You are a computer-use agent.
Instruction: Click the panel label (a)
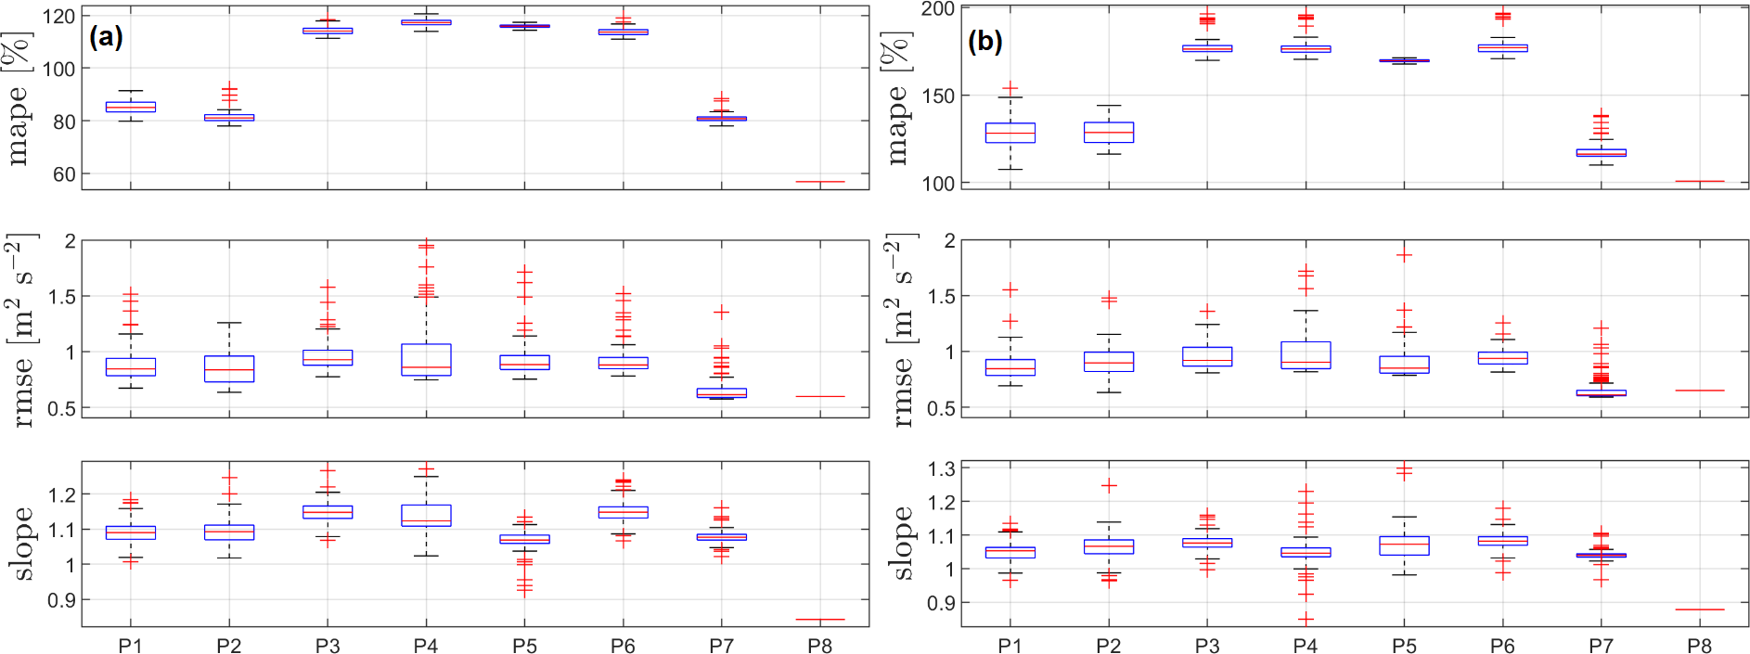[x=106, y=37]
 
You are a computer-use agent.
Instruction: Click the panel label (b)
[x=984, y=42]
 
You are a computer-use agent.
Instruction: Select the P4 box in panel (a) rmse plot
[x=426, y=360]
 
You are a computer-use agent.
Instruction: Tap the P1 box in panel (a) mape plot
[x=131, y=107]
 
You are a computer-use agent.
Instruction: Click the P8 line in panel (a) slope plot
[x=820, y=619]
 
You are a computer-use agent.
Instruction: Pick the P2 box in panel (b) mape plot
[x=1109, y=132]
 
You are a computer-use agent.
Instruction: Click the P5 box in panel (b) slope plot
[x=1405, y=545]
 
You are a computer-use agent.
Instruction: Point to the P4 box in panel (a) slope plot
[x=426, y=516]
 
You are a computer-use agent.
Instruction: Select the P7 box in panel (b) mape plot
[x=1602, y=152]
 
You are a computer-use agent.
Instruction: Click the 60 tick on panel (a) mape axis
[x=63, y=174]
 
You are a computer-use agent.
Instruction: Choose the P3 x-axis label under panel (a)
[x=328, y=646]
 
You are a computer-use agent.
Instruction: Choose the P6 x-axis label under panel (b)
[x=1502, y=646]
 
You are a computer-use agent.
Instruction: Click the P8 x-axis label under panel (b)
[x=1700, y=646]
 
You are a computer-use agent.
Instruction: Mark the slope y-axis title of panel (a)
[x=21, y=543]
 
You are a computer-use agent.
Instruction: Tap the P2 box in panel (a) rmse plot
[x=229, y=368]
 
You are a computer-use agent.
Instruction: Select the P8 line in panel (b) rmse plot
[x=1700, y=391]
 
